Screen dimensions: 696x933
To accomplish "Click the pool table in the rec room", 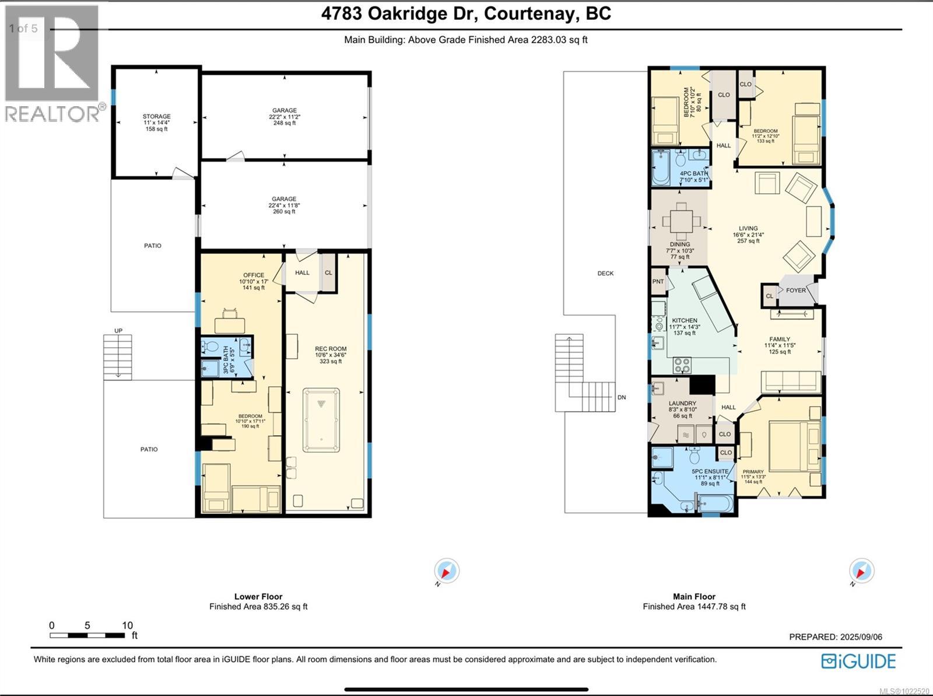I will (321, 419).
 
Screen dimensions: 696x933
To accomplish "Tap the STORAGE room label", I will (156, 117).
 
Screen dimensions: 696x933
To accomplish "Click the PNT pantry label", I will (658, 281).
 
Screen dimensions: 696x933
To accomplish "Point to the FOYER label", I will (796, 290).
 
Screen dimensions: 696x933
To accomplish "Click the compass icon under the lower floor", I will (447, 571).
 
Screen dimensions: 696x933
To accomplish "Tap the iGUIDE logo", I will (858, 661).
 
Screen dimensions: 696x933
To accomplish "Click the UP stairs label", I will (118, 331).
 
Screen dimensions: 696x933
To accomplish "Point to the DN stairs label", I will (622, 397).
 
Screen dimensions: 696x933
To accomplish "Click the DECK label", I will (605, 273).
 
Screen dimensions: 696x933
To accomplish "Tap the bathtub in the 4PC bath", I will (661, 168).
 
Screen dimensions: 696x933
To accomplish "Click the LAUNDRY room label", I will (682, 403).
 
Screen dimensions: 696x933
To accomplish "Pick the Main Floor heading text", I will (694, 596).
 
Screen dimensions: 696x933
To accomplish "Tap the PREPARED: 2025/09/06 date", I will (836, 636).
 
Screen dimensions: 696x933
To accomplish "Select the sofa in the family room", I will (791, 382).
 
